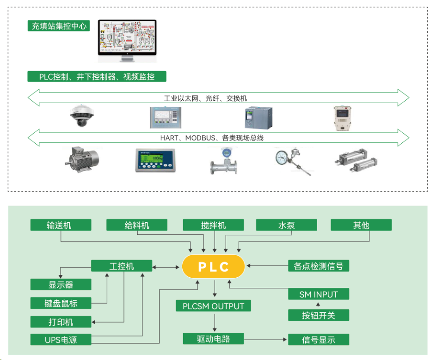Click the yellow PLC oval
(x=213, y=267)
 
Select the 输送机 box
(x=61, y=225)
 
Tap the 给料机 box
(x=136, y=225)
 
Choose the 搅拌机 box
(x=213, y=225)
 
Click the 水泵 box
(x=286, y=225)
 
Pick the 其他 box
(x=361, y=225)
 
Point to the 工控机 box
(x=121, y=266)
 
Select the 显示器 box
(x=61, y=284)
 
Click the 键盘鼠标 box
(x=61, y=303)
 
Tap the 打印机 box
(x=61, y=322)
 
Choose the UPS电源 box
(x=61, y=340)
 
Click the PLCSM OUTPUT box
(x=213, y=306)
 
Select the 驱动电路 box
(x=213, y=339)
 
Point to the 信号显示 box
(x=318, y=340)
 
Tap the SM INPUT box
(x=318, y=294)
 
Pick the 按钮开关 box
(x=318, y=315)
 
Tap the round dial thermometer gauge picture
(x=282, y=158)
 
